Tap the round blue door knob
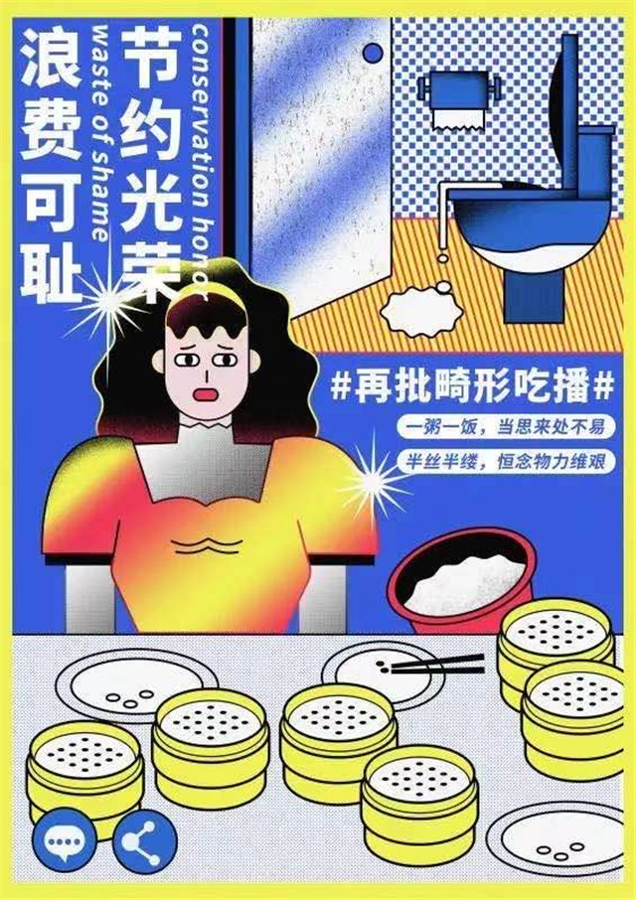coord(373,54)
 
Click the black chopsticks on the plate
coord(436,665)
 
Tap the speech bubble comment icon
coord(65,841)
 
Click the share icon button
coord(145,841)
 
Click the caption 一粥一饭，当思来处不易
coord(506,426)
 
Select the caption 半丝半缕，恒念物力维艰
coord(506,461)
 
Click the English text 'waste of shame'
coord(100,132)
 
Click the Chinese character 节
coord(150,56)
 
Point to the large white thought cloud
coord(422,313)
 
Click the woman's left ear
coord(158,362)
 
